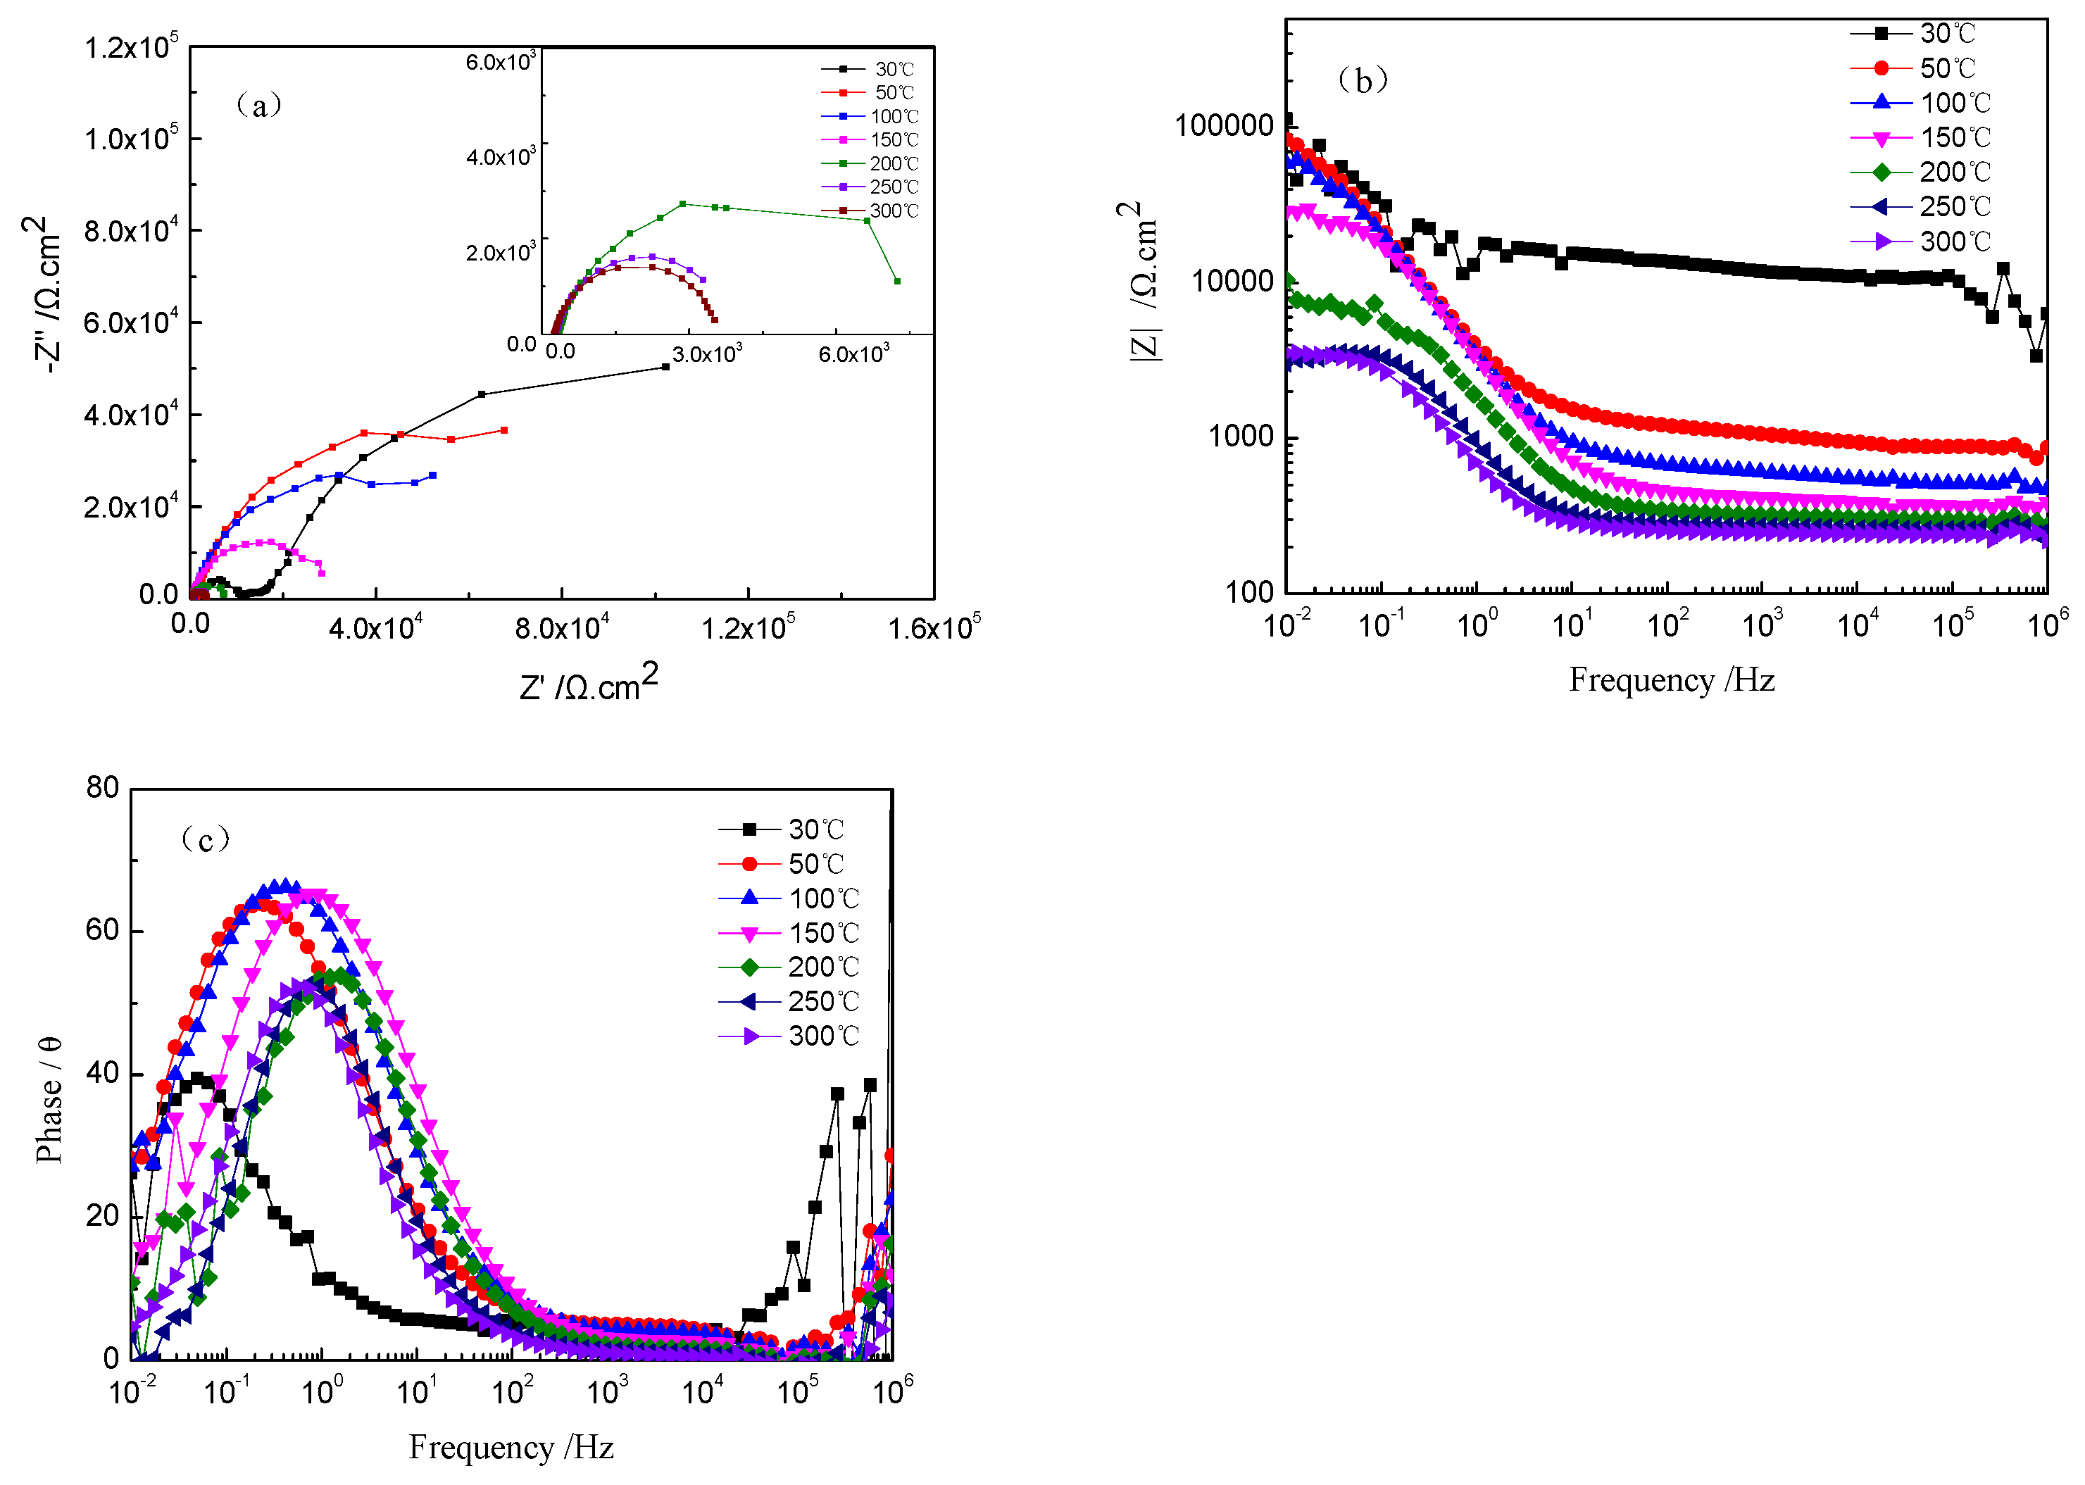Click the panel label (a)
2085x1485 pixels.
pyautogui.click(x=259, y=105)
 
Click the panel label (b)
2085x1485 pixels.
pyautogui.click(x=1362, y=80)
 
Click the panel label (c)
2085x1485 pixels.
pyautogui.click(x=206, y=838)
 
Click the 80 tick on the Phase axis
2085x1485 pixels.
pyautogui.click(x=102, y=787)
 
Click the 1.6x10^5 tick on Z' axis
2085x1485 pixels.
pyautogui.click(x=933, y=627)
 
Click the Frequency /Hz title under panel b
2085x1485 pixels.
pyautogui.click(x=1671, y=680)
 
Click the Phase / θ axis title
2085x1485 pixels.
pyautogui.click(x=49, y=1099)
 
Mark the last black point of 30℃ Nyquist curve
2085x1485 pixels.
pyautogui.click(x=665, y=367)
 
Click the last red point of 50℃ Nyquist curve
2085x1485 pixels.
pyautogui.click(x=504, y=430)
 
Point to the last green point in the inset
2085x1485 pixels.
pyautogui.click(x=896, y=281)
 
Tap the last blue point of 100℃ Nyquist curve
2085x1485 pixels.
pyautogui.click(x=432, y=475)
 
